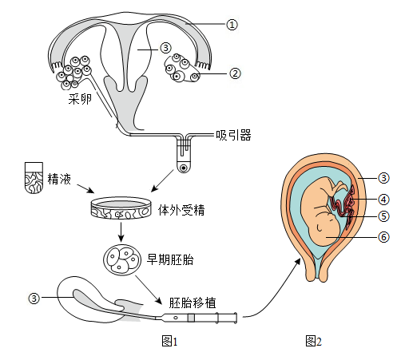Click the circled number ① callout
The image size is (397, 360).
(232, 25)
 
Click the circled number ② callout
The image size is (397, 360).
(235, 73)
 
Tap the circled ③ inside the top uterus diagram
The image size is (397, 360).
(165, 48)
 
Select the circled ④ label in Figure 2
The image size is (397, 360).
(383, 200)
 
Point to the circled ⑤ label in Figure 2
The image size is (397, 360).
(383, 216)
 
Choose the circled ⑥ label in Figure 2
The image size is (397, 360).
(383, 236)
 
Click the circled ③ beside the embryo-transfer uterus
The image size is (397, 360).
(34, 299)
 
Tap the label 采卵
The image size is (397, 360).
(80, 99)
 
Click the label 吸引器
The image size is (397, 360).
(233, 135)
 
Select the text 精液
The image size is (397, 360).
(59, 179)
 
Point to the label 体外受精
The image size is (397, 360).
(181, 210)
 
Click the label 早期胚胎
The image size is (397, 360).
(170, 259)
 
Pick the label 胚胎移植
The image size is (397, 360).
(193, 303)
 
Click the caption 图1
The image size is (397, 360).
(169, 341)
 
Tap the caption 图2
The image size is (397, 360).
(314, 341)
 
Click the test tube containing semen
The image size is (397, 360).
(34, 178)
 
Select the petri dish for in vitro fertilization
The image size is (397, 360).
(121, 208)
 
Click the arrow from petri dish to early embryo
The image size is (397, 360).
(121, 231)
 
